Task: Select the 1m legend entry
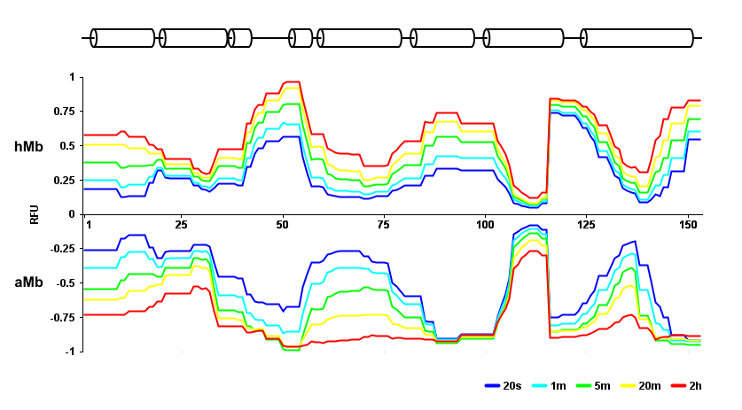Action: pyautogui.click(x=550, y=386)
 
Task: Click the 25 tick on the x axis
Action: pyautogui.click(x=181, y=222)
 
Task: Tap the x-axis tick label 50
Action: pyautogui.click(x=283, y=222)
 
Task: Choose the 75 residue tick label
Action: pyautogui.click(x=385, y=222)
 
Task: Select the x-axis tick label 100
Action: pyautogui.click(x=485, y=222)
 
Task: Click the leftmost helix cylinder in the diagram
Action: pyautogui.click(x=124, y=38)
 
